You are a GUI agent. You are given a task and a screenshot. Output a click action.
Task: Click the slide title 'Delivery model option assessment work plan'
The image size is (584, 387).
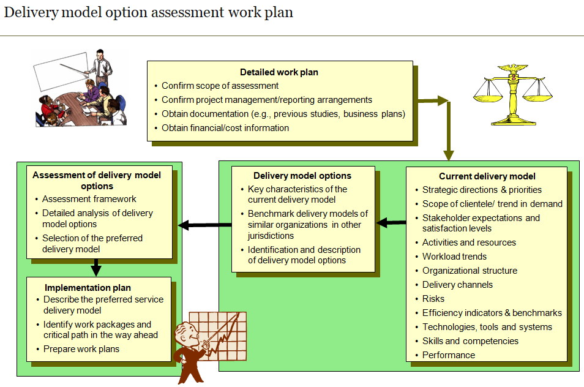point(148,13)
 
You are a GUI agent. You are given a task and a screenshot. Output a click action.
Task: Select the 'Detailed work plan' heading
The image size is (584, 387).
point(279,72)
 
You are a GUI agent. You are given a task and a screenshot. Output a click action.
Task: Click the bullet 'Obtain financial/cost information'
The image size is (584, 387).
point(225,128)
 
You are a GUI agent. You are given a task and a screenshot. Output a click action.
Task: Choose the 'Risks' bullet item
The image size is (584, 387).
point(433,299)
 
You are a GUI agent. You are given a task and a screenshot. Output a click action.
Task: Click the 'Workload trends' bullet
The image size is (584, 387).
point(454,257)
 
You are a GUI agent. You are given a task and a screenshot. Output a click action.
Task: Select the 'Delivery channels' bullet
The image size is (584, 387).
point(457,285)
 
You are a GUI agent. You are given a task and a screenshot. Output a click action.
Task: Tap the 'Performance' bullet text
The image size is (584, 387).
point(449,355)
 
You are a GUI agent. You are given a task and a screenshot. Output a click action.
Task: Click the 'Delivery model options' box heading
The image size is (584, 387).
point(302,176)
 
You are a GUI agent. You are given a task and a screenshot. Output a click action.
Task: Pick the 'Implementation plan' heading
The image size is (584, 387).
point(88,287)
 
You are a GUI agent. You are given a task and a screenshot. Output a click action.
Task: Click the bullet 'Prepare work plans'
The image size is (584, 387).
point(81,349)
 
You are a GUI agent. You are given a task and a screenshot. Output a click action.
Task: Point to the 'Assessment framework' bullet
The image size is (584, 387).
point(89,199)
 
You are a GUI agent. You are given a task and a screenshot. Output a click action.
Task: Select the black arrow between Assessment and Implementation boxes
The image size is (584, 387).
point(96,267)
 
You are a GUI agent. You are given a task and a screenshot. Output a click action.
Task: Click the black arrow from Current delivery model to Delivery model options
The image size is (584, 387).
point(391,222)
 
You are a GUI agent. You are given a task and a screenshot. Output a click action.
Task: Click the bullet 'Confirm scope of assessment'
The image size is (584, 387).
point(220,86)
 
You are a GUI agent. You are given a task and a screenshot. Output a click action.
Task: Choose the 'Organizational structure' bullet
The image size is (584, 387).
point(470,271)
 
